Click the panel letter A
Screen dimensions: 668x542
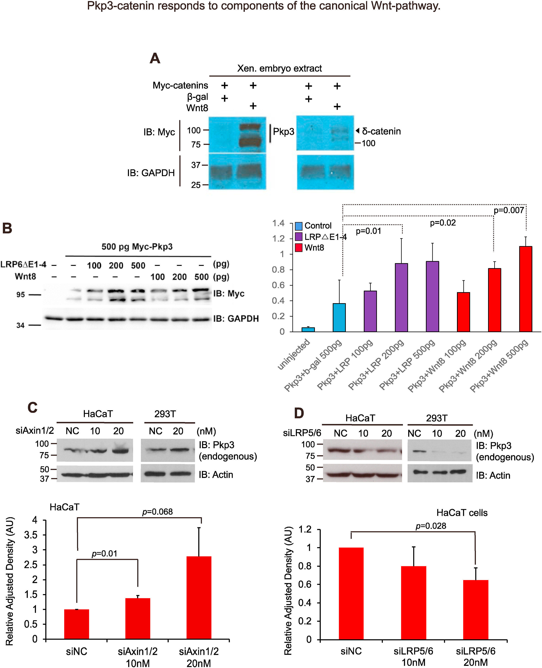pyautogui.click(x=155, y=58)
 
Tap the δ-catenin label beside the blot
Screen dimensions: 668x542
pyautogui.click(x=381, y=131)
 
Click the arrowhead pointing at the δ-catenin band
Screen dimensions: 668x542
pyautogui.click(x=358, y=130)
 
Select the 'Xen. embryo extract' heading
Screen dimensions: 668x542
pyautogui.click(x=280, y=68)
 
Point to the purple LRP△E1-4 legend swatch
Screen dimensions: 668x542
pyautogui.click(x=298, y=237)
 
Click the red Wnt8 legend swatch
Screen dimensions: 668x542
pyautogui.click(x=298, y=248)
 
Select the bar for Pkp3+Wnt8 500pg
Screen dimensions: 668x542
pyautogui.click(x=526, y=289)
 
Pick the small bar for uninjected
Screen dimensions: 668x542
pyautogui.click(x=308, y=330)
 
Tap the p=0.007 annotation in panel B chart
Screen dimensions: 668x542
pyautogui.click(x=509, y=210)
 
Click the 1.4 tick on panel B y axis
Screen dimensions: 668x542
pyautogui.click(x=278, y=223)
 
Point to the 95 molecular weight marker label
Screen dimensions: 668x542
pyautogui.click(x=21, y=295)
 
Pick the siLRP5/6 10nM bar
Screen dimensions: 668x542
pyautogui.click(x=413, y=603)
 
